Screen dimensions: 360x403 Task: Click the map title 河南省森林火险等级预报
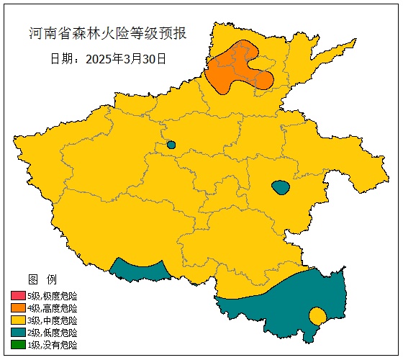tap(108, 33)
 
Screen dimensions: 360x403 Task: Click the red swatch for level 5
tap(18, 296)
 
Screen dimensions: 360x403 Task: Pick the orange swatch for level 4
tap(18, 308)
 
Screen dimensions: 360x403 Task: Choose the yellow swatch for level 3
tap(18, 320)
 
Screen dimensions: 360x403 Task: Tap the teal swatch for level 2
tap(18, 333)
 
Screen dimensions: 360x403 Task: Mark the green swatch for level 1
tap(18, 345)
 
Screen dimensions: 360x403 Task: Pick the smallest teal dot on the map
tap(171, 145)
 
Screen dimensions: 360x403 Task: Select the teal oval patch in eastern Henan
tap(281, 188)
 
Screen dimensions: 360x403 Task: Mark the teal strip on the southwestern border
tap(140, 270)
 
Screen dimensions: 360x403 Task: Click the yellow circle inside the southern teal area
tap(317, 315)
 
